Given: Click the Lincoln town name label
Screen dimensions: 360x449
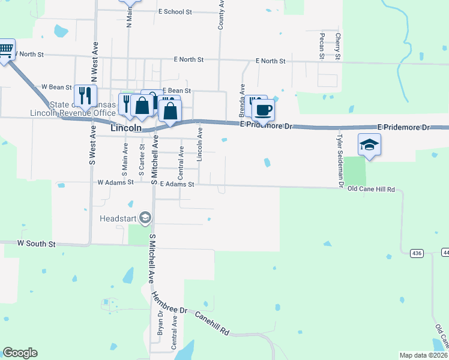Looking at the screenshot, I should coord(127,128).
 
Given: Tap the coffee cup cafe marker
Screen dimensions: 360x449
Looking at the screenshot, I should coord(262,110).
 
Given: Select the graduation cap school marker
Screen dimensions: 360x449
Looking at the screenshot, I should coord(369,145).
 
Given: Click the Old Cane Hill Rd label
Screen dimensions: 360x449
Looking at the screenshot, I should coord(371,190).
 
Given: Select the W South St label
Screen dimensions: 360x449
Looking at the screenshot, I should coord(36,244).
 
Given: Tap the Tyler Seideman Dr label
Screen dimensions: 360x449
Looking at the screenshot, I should coord(339,160).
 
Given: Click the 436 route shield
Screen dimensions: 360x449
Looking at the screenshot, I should coord(417,253).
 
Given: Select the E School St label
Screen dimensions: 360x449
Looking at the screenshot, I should coord(175,11).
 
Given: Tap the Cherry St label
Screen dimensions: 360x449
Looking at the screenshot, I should coord(339,46).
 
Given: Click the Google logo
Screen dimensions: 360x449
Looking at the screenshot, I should coord(20,353).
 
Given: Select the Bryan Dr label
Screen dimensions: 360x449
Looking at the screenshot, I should coord(160,322).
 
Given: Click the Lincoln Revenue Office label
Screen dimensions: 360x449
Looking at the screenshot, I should coord(73,112).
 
